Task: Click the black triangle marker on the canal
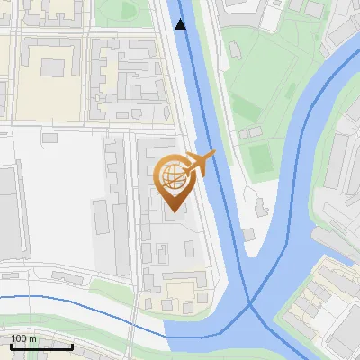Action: coord(181,24)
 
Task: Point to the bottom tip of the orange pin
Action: coord(173,211)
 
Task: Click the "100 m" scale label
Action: coord(23,338)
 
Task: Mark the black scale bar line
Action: coord(41,346)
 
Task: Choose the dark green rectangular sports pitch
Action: coord(260,158)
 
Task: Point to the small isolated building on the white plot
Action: coord(49,138)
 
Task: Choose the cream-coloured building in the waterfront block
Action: coord(180,291)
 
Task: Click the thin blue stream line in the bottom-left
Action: coord(72,297)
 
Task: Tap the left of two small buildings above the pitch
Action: coord(244,134)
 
